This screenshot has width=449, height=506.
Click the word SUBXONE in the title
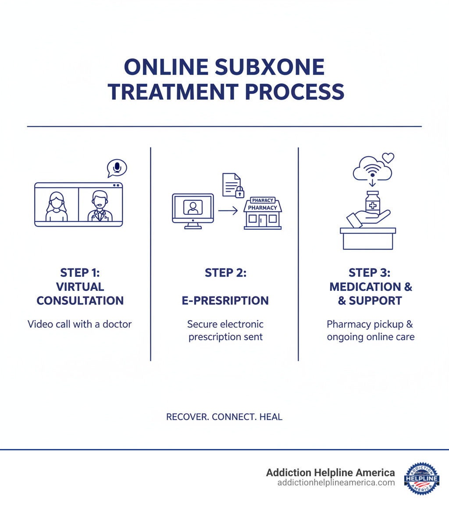(275, 68)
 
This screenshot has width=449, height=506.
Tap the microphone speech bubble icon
(117, 168)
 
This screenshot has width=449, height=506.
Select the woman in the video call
(56, 207)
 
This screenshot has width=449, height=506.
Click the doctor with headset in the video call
(100, 207)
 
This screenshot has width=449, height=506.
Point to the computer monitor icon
(192, 210)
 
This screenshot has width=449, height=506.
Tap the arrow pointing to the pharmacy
(228, 211)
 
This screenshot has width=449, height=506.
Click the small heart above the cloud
(388, 157)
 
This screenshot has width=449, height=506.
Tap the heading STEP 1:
(80, 273)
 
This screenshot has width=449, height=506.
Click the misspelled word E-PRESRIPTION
(225, 301)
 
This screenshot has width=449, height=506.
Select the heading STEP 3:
(370, 273)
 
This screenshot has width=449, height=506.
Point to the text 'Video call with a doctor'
(80, 324)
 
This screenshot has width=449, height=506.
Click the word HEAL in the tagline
(271, 417)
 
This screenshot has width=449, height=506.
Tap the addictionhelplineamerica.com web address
(336, 483)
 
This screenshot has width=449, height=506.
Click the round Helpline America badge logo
(421, 478)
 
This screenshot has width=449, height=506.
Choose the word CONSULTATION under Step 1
(80, 301)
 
